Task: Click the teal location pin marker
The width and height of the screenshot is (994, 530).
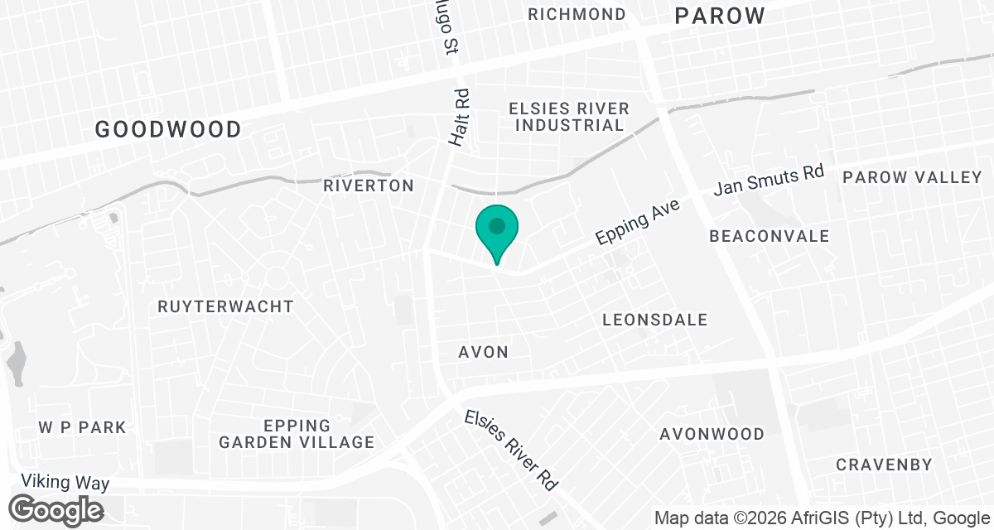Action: [x=496, y=229]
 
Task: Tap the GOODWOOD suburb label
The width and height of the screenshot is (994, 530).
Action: [x=168, y=129]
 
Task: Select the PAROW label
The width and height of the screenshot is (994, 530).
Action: [x=718, y=16]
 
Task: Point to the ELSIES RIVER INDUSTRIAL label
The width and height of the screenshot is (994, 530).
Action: [x=568, y=117]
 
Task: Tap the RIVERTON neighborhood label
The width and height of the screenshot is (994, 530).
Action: [x=369, y=185]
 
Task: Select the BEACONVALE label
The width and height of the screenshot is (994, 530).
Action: [x=769, y=236]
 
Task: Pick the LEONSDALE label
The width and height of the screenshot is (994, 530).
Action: [x=655, y=320]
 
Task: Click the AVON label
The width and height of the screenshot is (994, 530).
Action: [x=484, y=352]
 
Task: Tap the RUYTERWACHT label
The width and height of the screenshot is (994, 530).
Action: [x=225, y=306]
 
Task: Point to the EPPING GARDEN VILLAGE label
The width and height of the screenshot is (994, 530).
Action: [x=297, y=434]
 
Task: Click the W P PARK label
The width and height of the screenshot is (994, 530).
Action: [x=83, y=427]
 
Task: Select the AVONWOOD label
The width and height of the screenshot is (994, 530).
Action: [x=712, y=434]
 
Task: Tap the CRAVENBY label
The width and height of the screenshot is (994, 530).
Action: [x=884, y=465]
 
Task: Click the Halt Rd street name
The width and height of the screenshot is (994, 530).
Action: [x=461, y=118]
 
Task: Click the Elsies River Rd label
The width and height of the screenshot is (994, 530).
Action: [x=510, y=450]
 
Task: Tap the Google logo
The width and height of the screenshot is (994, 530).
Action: [x=56, y=508]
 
